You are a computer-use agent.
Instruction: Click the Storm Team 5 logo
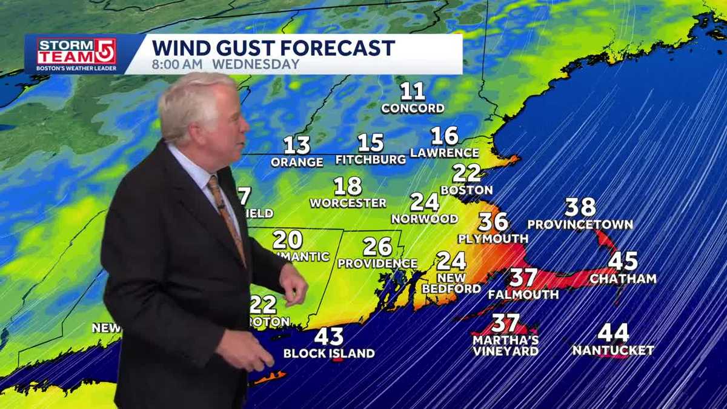tap(76, 54)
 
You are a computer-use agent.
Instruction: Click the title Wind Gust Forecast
tap(273, 48)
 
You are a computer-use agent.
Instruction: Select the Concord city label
tap(413, 108)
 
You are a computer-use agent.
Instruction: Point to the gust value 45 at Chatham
tap(623, 261)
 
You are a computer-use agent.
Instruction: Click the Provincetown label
tap(580, 225)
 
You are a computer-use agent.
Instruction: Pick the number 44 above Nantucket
tap(613, 333)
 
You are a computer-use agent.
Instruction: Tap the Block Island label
tap(329, 353)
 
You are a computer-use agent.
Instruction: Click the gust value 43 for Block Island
tap(329, 336)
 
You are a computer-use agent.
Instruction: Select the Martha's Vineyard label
tap(506, 346)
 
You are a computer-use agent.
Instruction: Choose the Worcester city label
tap(348, 203)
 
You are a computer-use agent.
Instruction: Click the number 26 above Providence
tap(377, 247)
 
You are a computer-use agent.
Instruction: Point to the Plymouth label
tap(493, 239)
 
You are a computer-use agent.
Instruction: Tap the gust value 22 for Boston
tap(466, 173)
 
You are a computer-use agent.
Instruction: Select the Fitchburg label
tap(371, 160)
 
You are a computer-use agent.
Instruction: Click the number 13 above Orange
tap(297, 145)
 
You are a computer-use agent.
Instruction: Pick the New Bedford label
tap(451, 284)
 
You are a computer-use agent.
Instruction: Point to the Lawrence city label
tap(445, 153)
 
